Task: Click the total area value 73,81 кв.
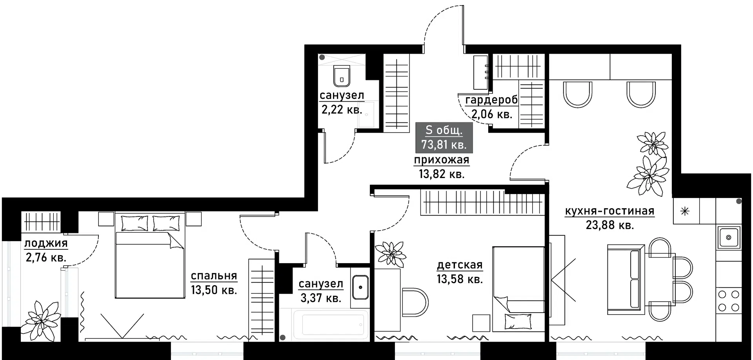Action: tap(444, 145)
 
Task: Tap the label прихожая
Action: tap(442, 160)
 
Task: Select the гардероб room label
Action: tap(491, 100)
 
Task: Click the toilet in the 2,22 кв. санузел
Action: tap(342, 76)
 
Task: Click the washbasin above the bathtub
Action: tap(360, 287)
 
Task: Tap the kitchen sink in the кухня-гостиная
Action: tap(729, 237)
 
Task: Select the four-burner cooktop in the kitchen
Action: tap(729, 300)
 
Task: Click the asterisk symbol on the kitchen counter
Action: tap(685, 212)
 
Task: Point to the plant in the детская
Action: tap(390, 253)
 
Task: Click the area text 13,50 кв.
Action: tap(214, 290)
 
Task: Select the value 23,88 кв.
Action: tap(609, 225)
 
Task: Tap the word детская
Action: tap(460, 265)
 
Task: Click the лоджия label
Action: tap(46, 244)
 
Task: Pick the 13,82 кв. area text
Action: tap(442, 174)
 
